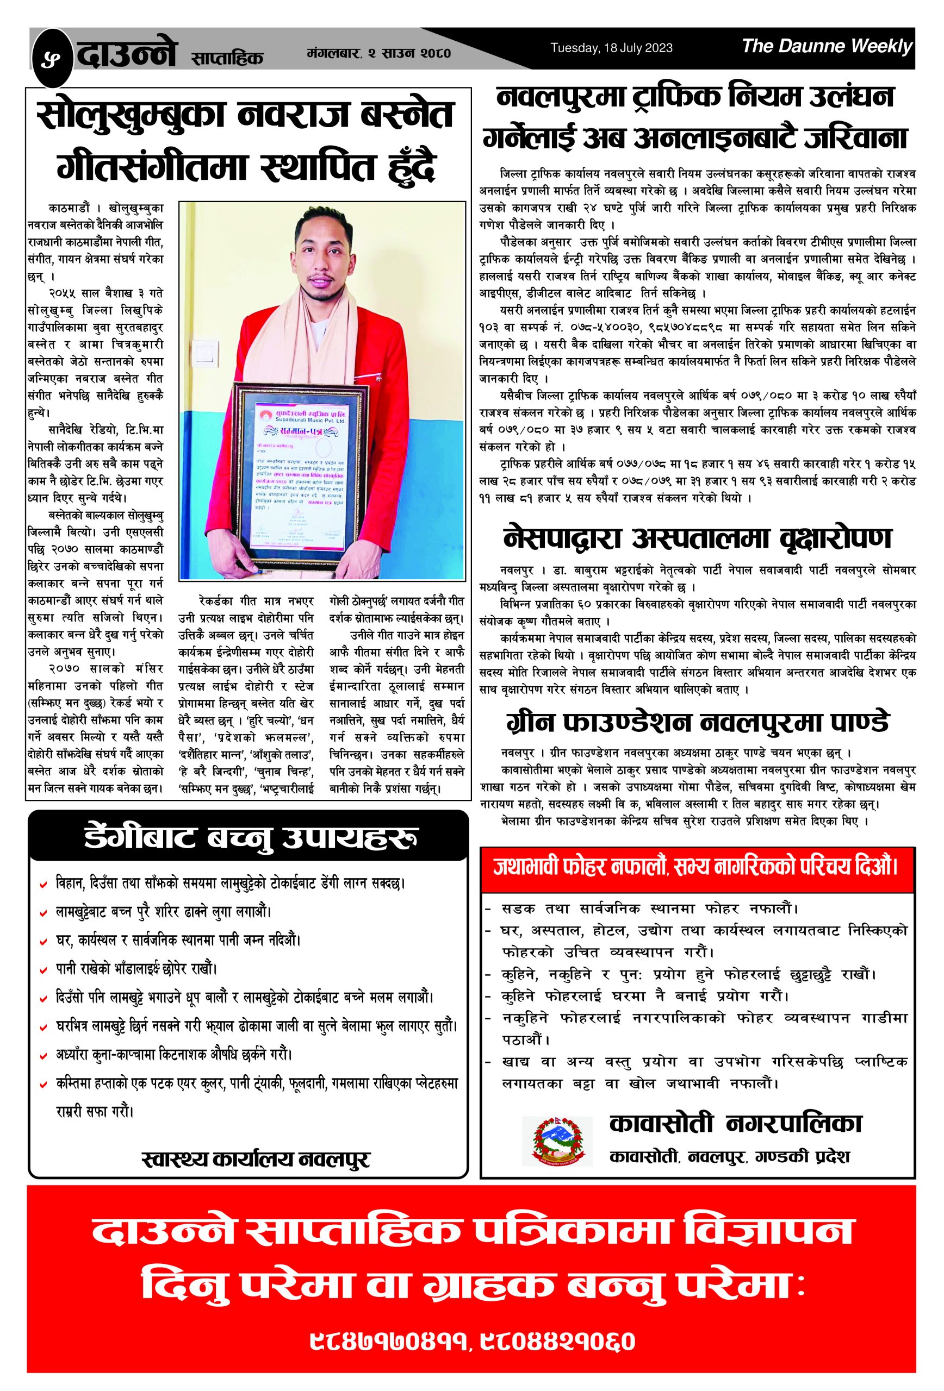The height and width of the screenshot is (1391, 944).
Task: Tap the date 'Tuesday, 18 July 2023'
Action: pos(611,48)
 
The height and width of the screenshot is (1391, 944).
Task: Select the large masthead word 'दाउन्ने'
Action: pos(127,54)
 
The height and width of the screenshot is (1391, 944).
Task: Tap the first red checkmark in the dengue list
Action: pos(43,884)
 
